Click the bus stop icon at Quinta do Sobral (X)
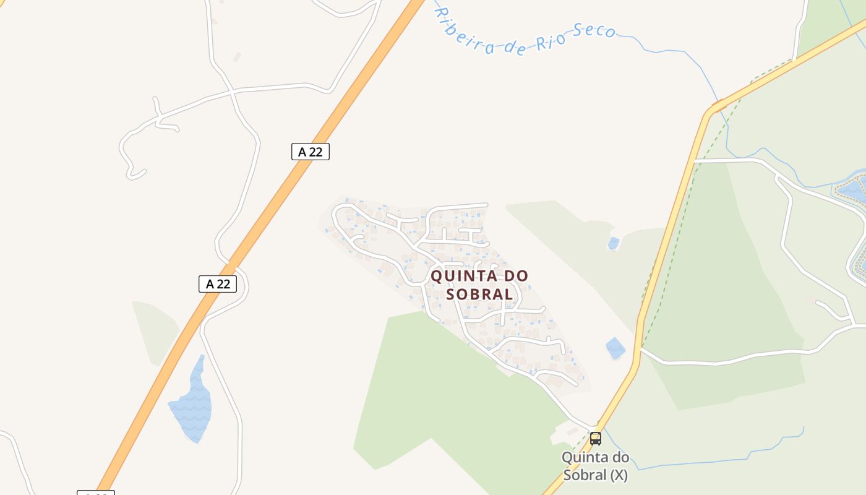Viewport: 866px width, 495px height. coord(596,439)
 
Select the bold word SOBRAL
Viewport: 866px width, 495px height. coord(479,294)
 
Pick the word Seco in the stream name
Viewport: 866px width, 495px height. coord(594,30)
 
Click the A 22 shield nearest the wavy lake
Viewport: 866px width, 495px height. coord(218,284)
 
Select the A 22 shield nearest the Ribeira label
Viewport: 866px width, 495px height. coord(311,152)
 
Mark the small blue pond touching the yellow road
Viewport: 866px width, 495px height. coord(615,348)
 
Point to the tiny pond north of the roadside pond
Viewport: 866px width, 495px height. coord(613,243)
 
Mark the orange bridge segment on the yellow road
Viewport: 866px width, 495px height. coord(718,106)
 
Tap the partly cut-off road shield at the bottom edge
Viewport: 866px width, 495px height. coord(96,493)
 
